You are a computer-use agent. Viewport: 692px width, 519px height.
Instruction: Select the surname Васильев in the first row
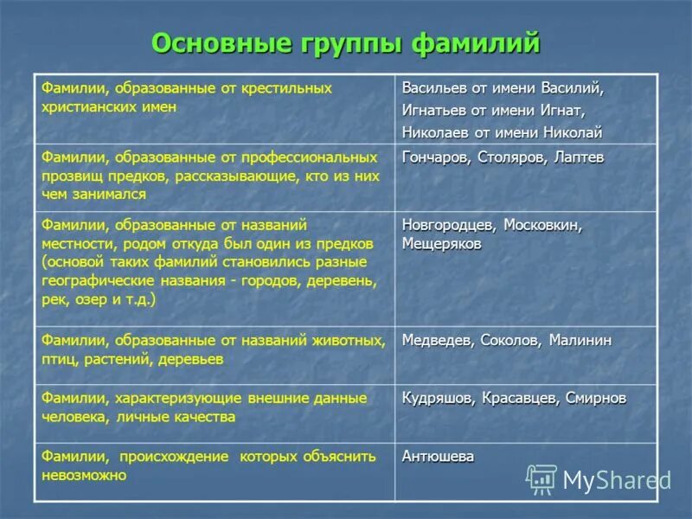432,88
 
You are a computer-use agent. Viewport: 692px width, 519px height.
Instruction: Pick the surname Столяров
510,157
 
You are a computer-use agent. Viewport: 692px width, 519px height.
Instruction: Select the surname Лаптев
578,157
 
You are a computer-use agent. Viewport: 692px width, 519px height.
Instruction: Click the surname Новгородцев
449,225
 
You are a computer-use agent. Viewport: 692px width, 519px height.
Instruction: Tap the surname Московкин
544,225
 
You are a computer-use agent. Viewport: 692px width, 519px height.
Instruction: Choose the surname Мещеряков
442,244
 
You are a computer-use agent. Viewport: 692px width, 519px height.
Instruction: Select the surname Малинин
580,341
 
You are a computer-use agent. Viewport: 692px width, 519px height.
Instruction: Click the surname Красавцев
519,398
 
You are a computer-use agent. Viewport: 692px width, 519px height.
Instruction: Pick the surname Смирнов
597,398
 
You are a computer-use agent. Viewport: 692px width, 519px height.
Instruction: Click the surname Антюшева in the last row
438,457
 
